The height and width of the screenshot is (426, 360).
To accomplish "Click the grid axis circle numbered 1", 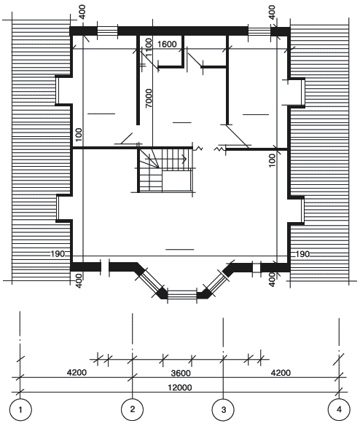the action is coord(20,410).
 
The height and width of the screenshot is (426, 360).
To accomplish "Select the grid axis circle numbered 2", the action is coord(132,409).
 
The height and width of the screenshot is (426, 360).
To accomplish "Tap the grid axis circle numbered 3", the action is coord(223,410).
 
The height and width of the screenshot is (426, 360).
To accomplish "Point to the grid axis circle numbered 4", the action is coord(339,409).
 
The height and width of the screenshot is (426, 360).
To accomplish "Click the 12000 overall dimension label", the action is coord(180,387).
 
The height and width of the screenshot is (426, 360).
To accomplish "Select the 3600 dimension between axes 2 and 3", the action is coord(181,373).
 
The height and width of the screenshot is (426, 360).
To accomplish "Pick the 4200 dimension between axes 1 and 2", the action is coord(77,372).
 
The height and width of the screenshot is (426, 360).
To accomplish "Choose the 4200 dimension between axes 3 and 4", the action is coord(281,373).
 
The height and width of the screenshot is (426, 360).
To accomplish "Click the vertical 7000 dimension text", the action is coord(149,98).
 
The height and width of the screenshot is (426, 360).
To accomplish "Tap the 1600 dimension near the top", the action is coord(167,44).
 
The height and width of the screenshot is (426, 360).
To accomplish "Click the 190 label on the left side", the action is coord(58,254).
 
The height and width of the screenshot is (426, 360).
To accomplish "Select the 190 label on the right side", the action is coord(302,254).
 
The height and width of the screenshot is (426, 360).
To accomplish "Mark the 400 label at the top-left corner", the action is coord(82,12).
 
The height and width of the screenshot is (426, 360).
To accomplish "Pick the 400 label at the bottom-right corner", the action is coord(272,280).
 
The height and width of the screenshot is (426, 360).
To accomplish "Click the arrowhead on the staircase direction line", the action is coord(184,159).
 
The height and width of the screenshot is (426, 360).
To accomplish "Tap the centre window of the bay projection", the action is coord(182,294).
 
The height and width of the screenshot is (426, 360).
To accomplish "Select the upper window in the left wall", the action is coord(58,90).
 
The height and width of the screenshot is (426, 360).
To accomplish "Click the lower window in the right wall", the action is coord(302,210).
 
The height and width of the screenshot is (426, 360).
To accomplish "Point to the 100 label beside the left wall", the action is coord(79,135).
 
